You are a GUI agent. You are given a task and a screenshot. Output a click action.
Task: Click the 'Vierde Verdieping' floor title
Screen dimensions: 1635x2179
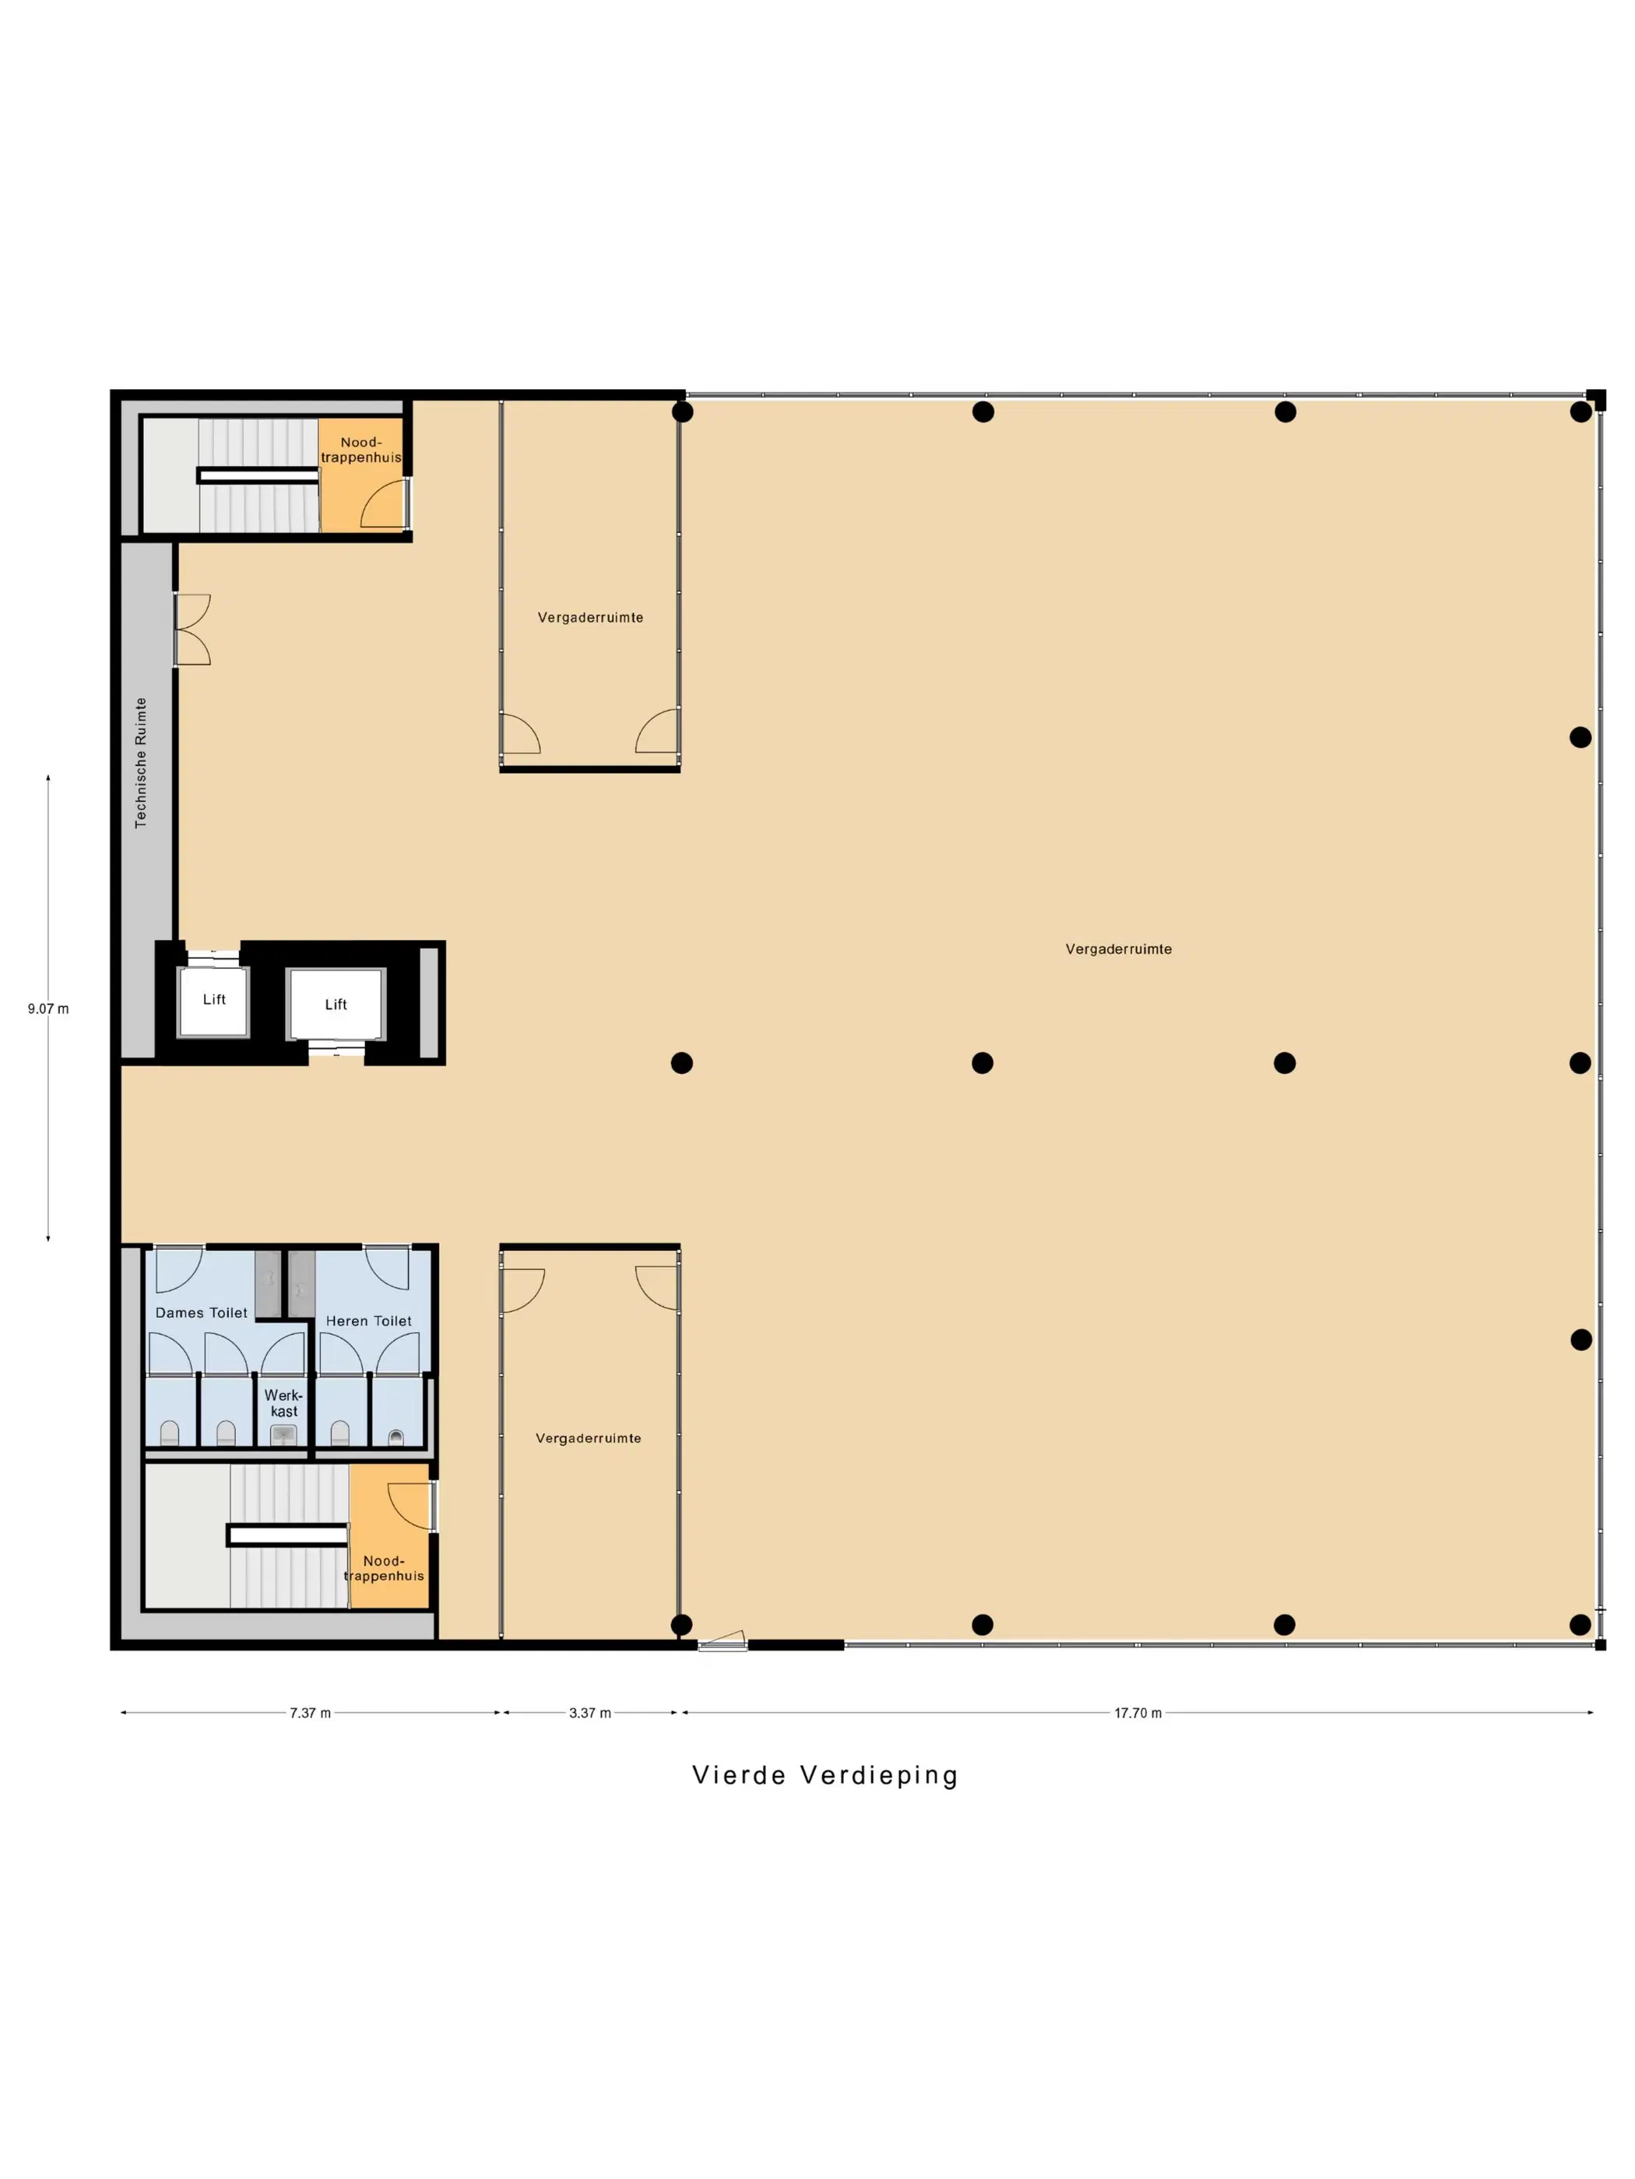pos(825,1775)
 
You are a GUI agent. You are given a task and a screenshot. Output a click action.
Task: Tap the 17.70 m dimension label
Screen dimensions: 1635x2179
pos(1137,1713)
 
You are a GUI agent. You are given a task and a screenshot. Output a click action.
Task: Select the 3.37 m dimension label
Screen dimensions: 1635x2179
pos(589,1713)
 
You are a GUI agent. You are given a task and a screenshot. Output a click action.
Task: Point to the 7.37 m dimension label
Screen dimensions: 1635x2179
pos(309,1713)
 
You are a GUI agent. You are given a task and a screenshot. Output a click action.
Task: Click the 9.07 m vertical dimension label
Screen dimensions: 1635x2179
pos(48,1009)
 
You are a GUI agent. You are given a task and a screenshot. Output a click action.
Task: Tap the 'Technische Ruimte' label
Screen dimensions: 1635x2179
pos(141,763)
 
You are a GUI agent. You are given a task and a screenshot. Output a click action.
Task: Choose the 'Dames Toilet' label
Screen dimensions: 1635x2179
pos(201,1312)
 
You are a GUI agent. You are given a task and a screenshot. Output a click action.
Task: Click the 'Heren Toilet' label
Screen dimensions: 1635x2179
pos(368,1321)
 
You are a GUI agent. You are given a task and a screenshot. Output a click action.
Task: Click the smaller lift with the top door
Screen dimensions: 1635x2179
pos(213,1001)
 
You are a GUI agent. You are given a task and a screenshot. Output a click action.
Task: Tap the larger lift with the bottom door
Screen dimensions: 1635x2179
pos(335,1004)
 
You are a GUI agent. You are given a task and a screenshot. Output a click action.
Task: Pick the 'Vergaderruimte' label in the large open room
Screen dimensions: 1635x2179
pos(1119,949)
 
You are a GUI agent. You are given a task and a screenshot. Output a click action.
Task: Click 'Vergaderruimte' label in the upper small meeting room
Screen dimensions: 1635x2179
pos(590,618)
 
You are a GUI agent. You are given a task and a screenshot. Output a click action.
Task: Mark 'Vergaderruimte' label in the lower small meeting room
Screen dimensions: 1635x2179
pos(589,1438)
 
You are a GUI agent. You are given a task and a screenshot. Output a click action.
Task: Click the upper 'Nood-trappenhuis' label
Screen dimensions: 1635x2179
pos(360,449)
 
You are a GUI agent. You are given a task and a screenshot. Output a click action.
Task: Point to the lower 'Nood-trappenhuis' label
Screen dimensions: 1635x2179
pos(383,1568)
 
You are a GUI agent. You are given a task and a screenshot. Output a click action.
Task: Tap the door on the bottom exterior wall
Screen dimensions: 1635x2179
pos(723,1641)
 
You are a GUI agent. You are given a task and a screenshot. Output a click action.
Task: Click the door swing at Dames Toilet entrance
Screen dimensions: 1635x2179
pos(179,1270)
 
